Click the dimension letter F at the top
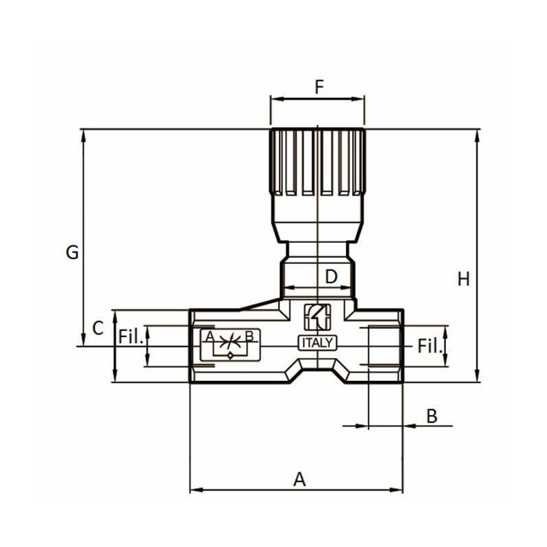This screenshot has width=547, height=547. point(319,87)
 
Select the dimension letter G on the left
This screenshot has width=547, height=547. point(72,252)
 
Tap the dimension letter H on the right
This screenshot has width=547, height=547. point(464,279)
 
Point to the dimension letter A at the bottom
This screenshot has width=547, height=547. point(299,479)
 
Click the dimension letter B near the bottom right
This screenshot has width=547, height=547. point(431,416)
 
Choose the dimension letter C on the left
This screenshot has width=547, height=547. point(98,328)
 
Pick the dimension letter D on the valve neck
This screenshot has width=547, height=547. point(331,277)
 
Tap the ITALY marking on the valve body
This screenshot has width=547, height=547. point(317,343)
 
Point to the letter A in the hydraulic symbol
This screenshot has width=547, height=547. point(210,336)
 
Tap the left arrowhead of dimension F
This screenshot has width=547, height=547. point(274,99)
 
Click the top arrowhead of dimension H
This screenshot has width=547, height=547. point(477,133)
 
